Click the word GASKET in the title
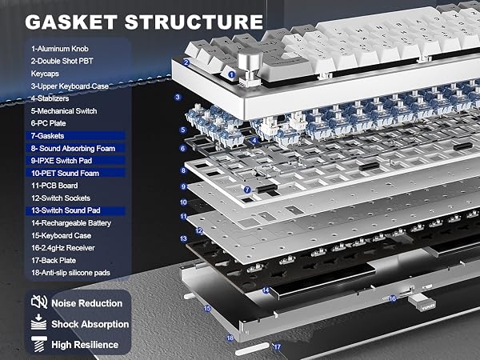coord(70,22)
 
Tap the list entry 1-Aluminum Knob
coord(60,49)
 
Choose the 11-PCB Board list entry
coord(54,186)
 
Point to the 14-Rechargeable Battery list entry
coord(71,223)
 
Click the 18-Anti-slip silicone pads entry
coord(70,273)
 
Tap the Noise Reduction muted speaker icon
coord(39,302)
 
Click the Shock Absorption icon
coord(39,322)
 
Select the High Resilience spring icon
coord(39,344)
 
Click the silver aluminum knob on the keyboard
coord(250,66)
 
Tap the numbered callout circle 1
coord(232,74)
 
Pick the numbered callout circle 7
coord(247,190)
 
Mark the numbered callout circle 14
coord(266,290)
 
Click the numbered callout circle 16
coord(393,298)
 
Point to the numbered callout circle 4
coord(254,141)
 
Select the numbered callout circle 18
coord(230,338)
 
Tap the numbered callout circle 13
coord(183,238)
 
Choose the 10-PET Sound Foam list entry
coord(66,174)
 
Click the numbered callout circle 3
coord(178,98)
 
